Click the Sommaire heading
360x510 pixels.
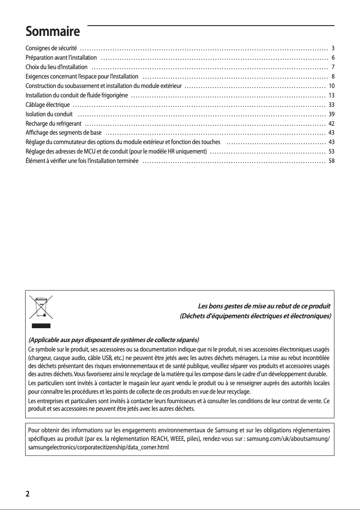click(x=53, y=32)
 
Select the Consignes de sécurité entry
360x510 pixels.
click(x=52, y=48)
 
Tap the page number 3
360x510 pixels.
click(x=333, y=48)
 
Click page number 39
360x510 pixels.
click(x=332, y=114)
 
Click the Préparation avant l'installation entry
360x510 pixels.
click(x=61, y=57)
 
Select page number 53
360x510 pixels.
click(x=332, y=152)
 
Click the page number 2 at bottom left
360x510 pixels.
click(x=28, y=494)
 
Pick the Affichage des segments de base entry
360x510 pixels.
click(x=63, y=133)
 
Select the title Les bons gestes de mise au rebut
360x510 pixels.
click(x=264, y=307)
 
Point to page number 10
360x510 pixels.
click(x=332, y=86)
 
